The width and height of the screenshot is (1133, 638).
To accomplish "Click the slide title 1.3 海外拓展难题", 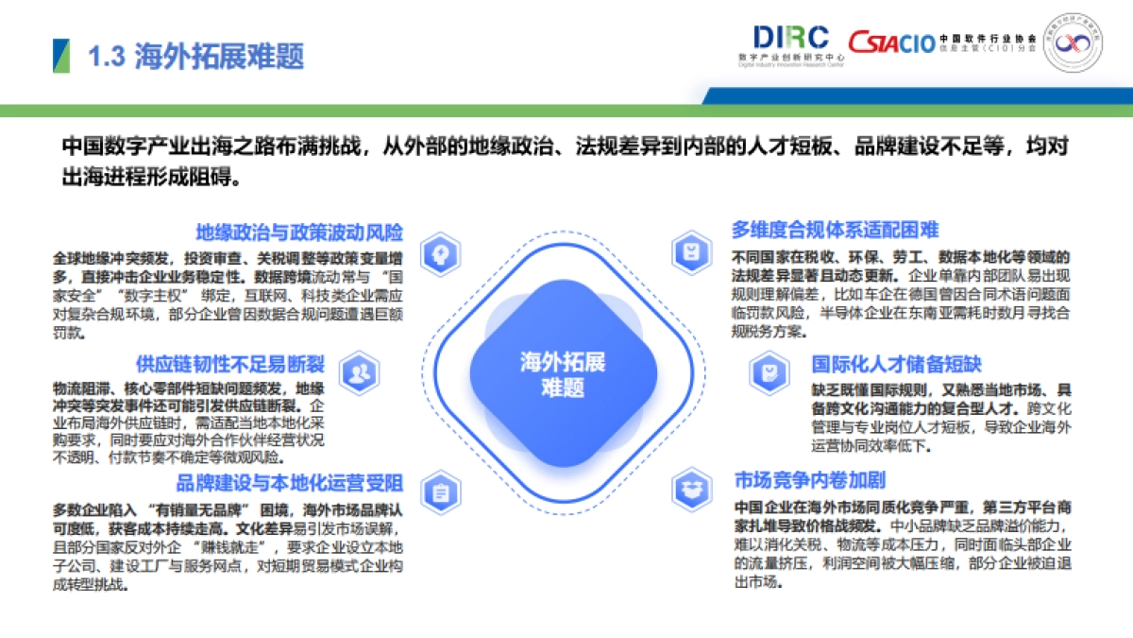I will (195, 57).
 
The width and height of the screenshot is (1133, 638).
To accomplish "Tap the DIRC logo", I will (790, 39).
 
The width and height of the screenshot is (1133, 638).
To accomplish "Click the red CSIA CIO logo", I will (890, 42).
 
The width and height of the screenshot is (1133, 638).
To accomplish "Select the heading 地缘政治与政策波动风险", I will (300, 233).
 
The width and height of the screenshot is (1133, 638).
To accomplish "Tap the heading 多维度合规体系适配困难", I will (835, 230).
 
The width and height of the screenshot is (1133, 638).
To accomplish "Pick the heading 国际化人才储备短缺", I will (897, 364).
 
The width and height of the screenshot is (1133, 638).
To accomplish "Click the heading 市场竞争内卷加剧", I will (810, 480).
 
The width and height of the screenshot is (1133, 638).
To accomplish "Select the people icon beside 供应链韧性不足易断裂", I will (359, 373).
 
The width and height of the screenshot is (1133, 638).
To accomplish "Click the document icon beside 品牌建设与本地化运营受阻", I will (440, 491).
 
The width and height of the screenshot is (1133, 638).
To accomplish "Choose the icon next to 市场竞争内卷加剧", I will (692, 488).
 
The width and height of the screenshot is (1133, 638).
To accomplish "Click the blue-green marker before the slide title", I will (60, 57).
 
